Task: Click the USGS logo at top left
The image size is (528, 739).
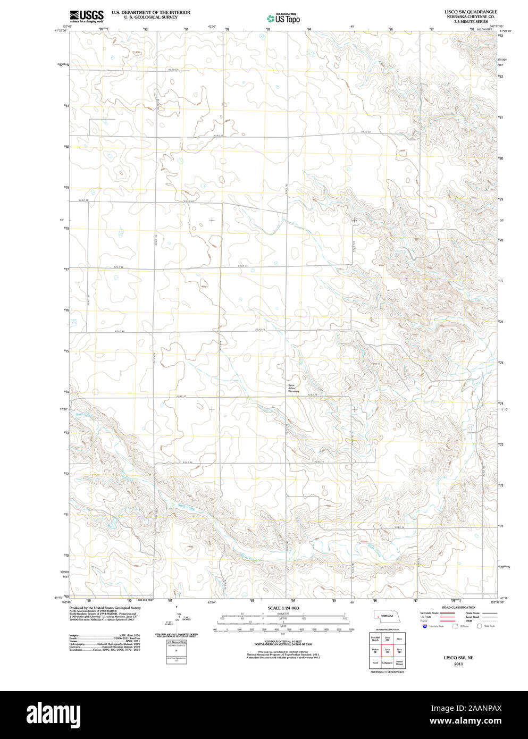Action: coord(86,16)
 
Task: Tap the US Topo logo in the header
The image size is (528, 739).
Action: coord(284,18)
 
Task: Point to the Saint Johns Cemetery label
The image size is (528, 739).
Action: coord(294,389)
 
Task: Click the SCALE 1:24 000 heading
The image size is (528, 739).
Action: coord(283,608)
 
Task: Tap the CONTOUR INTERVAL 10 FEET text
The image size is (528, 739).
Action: coord(283,642)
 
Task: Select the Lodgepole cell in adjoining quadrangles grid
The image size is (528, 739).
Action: coord(387,662)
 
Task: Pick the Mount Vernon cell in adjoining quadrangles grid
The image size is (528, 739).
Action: coord(399,662)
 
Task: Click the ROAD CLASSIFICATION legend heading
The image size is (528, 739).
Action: coord(458,607)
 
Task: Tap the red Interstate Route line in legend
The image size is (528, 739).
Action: coord(447,613)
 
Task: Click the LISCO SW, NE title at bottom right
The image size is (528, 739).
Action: coord(458,658)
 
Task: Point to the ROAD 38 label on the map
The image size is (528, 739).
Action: coord(400,527)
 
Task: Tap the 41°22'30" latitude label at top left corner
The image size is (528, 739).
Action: coord(61,31)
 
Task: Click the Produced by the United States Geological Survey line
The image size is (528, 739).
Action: coord(105,607)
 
